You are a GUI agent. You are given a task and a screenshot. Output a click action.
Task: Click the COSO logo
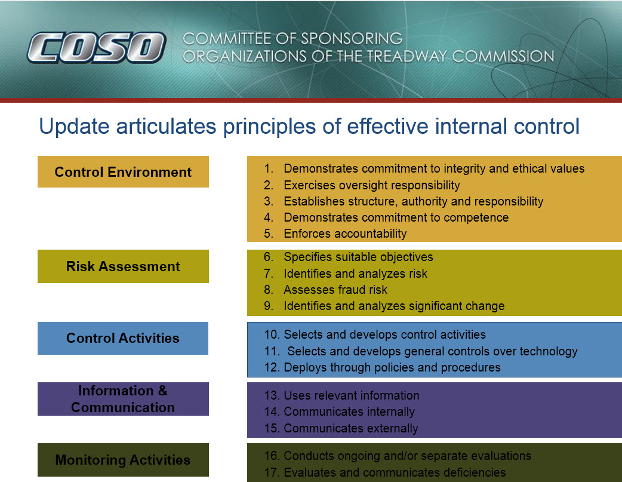pos(96,48)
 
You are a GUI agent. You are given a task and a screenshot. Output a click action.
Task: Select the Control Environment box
pos(123,171)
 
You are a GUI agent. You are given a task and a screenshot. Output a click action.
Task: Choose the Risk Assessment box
pos(123,266)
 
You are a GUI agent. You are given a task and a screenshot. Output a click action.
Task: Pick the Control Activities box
pos(123,338)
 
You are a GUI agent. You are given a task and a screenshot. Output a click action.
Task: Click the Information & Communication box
pos(123,399)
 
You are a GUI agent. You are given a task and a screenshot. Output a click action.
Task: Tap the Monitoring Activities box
pos(123,460)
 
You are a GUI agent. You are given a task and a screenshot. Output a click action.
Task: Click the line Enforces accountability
pos(335,234)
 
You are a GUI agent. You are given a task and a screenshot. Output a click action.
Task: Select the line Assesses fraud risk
pos(325,290)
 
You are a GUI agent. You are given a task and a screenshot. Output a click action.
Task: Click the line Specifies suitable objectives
pos(348,257)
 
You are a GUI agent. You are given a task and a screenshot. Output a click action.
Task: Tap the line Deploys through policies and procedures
pos(383,367)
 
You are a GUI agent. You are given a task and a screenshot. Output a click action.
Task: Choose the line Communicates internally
pos(340,412)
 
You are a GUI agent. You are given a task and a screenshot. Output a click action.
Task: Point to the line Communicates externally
pos(341,428)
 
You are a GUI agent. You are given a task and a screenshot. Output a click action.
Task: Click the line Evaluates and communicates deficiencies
pos(385,472)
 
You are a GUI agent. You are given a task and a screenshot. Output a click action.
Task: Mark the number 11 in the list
pos(272,351)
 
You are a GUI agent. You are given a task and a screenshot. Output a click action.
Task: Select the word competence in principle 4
pos(476,217)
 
